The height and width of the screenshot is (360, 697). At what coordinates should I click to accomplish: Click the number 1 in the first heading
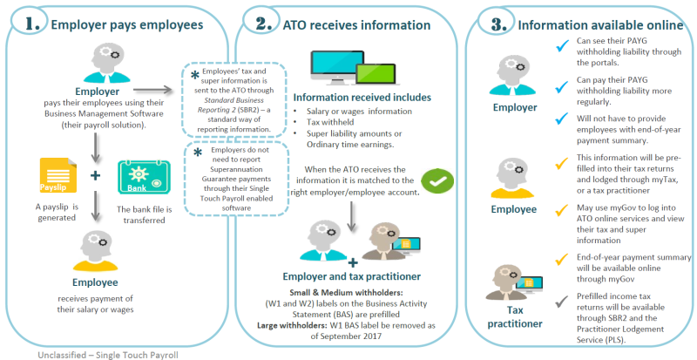(32, 24)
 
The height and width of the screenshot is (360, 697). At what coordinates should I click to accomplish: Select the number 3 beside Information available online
(492, 24)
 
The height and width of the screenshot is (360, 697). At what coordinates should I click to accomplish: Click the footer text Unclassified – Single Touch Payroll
(104, 354)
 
